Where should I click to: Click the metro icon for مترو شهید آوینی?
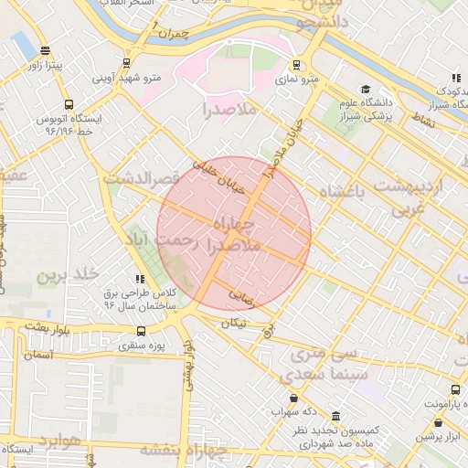point(126,63)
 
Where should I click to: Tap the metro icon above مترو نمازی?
point(296,65)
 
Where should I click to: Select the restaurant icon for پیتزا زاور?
point(45,51)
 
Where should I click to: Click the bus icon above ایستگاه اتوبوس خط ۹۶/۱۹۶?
point(69,103)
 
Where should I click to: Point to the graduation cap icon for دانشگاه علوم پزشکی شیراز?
point(365,90)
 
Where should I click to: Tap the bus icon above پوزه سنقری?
point(140,332)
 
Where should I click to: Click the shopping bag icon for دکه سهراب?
point(292,399)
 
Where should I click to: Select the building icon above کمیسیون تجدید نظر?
point(336,416)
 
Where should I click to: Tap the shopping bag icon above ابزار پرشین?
point(441,422)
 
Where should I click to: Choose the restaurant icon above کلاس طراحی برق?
point(139,279)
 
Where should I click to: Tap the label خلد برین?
point(66,274)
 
